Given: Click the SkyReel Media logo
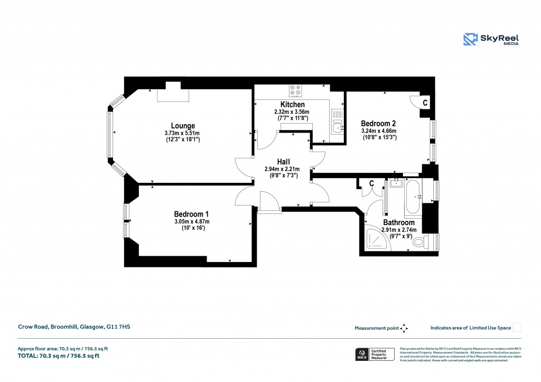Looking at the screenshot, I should click(x=491, y=39).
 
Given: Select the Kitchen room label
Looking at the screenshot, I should click(x=292, y=105).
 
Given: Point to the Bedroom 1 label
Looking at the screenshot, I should click(x=192, y=213).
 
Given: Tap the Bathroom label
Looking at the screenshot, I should click(x=399, y=222).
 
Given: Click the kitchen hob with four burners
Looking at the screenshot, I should click(x=295, y=90).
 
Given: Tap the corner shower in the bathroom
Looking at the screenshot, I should click(x=377, y=238).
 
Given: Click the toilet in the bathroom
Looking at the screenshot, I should click(x=421, y=242).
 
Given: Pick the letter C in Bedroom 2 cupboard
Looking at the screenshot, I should click(x=425, y=101).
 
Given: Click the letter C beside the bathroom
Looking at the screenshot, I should click(x=371, y=183).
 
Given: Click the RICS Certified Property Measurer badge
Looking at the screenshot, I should click(x=375, y=355).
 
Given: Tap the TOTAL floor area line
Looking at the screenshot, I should click(x=59, y=356).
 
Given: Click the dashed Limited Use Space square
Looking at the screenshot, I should click(x=517, y=328).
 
